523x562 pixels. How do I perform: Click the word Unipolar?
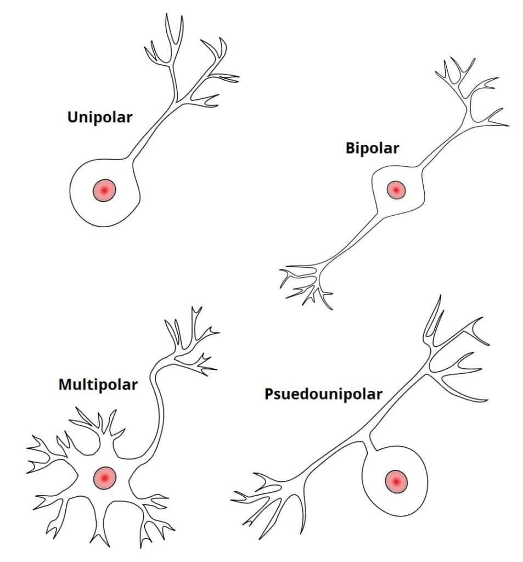99,117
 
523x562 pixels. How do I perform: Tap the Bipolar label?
372,148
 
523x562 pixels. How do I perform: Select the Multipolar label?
98,384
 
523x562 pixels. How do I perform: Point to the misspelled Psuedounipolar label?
323,394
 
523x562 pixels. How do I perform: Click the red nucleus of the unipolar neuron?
104,190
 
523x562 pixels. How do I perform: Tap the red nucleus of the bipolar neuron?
395,190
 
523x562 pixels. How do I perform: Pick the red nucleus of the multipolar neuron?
104,477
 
